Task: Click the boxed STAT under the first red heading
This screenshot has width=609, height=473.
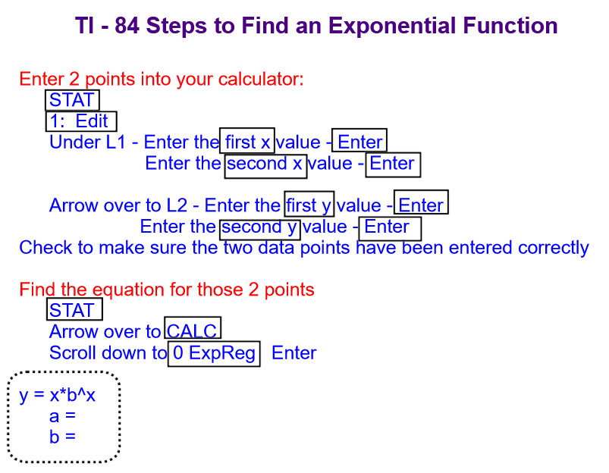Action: pyautogui.click(x=72, y=100)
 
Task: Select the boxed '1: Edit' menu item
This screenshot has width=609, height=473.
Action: pyautogui.click(x=81, y=121)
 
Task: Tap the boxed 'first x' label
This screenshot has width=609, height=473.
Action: pyautogui.click(x=247, y=140)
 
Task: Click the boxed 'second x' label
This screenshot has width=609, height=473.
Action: pyautogui.click(x=265, y=165)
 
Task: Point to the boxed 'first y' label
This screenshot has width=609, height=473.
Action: pyautogui.click(x=309, y=204)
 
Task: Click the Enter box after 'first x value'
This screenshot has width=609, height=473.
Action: pyautogui.click(x=359, y=140)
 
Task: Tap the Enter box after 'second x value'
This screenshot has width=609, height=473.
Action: pyautogui.click(x=393, y=164)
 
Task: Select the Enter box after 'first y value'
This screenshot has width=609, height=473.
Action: pyautogui.click(x=421, y=202)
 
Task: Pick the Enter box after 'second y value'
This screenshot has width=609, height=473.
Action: pyautogui.click(x=390, y=229)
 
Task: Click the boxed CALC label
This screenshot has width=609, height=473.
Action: pyautogui.click(x=193, y=327)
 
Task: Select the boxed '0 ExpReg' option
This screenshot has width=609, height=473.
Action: pyautogui.click(x=214, y=354)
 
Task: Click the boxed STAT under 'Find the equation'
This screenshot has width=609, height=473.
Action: pyautogui.click(x=74, y=309)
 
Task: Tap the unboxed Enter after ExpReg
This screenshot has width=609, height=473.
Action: pyautogui.click(x=294, y=353)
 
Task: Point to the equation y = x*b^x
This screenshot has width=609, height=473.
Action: pyautogui.click(x=57, y=396)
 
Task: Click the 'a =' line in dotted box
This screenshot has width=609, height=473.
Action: pyautogui.click(x=62, y=416)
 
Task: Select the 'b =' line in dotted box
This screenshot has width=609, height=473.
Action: pyautogui.click(x=62, y=437)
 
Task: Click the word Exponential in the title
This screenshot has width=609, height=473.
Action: pyautogui.click(x=392, y=27)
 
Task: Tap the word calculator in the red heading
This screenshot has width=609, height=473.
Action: pyautogui.click(x=261, y=80)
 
